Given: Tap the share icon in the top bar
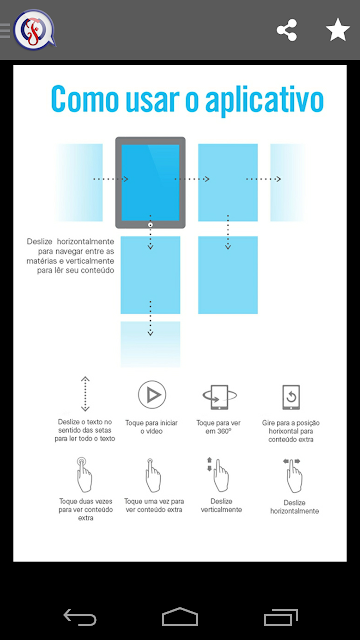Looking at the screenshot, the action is [287, 30].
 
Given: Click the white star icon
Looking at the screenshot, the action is [338, 30].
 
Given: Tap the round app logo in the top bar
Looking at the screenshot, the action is [34, 30].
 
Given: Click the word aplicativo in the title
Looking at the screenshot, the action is [264, 99].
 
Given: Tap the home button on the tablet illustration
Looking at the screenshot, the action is [150, 224].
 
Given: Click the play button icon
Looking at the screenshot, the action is [152, 395].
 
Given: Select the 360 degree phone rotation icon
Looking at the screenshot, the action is [220, 397].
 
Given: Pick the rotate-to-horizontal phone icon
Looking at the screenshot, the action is [291, 397].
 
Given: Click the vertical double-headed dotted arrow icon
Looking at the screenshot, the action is [85, 394].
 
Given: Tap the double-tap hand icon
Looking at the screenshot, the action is [84, 474].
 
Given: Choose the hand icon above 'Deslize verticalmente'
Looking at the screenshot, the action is [219, 474].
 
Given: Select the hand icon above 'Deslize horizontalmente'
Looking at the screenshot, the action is [293, 476].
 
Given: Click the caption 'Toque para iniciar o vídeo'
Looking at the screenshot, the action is [151, 427].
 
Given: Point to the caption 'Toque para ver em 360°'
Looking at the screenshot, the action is [218, 427].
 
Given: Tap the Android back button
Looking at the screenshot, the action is [80, 617].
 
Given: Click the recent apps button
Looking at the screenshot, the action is [280, 617].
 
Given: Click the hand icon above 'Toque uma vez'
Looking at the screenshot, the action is [153, 475].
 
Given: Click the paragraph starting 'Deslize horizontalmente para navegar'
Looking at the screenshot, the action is [71, 256].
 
